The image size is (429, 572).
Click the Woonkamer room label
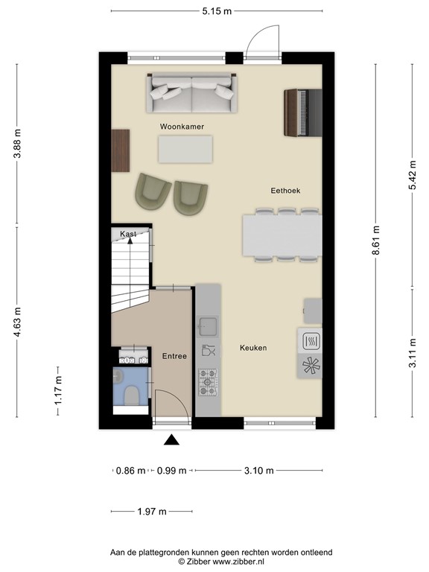click(182, 127)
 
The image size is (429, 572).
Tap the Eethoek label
click(285, 191)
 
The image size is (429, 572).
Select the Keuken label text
click(253, 348)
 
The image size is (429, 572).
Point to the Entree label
click(174, 357)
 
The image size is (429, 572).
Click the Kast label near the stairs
click(128, 234)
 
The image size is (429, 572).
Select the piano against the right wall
click(302, 112)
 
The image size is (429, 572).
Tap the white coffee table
click(185, 148)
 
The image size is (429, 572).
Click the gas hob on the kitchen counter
click(208, 382)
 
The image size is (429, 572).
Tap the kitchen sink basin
click(208, 325)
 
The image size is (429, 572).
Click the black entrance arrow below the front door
click(171, 440)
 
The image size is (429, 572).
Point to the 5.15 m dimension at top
click(217, 10)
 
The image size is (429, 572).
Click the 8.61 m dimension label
click(376, 241)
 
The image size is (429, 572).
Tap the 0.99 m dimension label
click(171, 470)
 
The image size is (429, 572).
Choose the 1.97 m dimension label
click(152, 512)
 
